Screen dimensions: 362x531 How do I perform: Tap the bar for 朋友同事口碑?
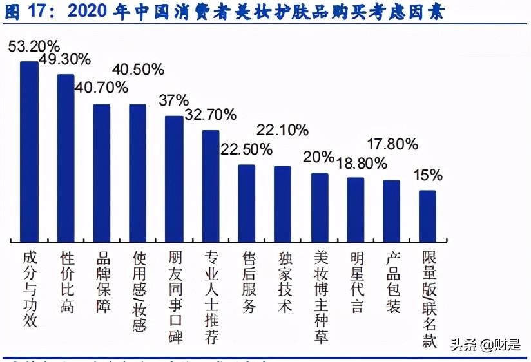pyautogui.click(x=174, y=177)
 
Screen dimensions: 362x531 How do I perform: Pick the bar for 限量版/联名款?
pyautogui.click(x=427, y=214)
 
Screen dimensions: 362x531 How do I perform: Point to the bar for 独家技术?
pyautogui.click(x=282, y=202)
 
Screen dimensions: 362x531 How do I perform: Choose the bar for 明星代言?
pyautogui.click(x=356, y=208)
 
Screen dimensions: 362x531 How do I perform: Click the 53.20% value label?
pyautogui.click(x=34, y=46)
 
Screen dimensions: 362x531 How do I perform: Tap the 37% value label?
pyautogui.click(x=173, y=100)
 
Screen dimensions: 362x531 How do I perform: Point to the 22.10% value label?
pyautogui.click(x=282, y=131)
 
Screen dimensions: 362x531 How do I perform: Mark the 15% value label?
pyautogui.click(x=428, y=175)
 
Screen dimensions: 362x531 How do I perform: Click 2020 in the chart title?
pyautogui.click(x=90, y=12)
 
